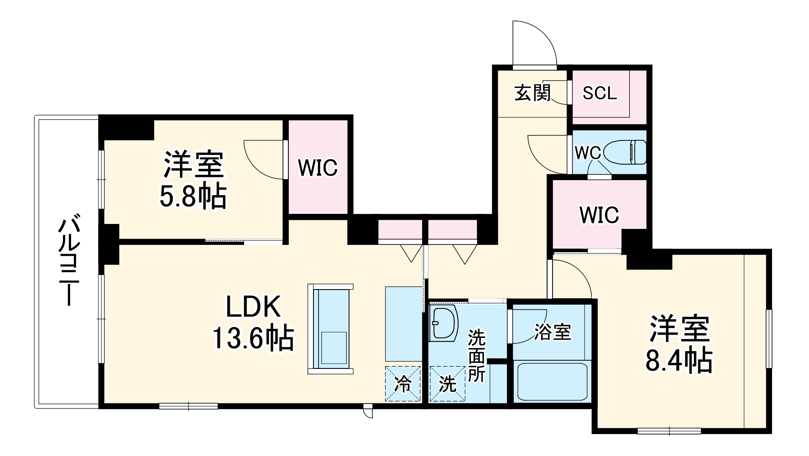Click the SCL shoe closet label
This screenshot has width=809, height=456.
pos(600,93)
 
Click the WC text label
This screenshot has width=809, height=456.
pos(588,153)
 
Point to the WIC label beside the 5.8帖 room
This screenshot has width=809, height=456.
pos(318,168)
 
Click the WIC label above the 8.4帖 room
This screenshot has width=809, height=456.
pos(599,215)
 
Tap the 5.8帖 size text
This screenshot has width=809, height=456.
pos(193,197)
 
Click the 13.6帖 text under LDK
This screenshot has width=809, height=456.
pos(253,338)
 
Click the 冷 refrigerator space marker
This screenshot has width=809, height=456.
pos(403,384)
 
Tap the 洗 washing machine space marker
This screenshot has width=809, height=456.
pos(447,384)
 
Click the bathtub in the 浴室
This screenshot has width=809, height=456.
pos(552,381)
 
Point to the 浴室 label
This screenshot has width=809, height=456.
pos(552,332)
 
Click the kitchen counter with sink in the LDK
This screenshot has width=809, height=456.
pos(330,329)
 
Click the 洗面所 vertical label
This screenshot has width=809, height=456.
pos(477,356)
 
